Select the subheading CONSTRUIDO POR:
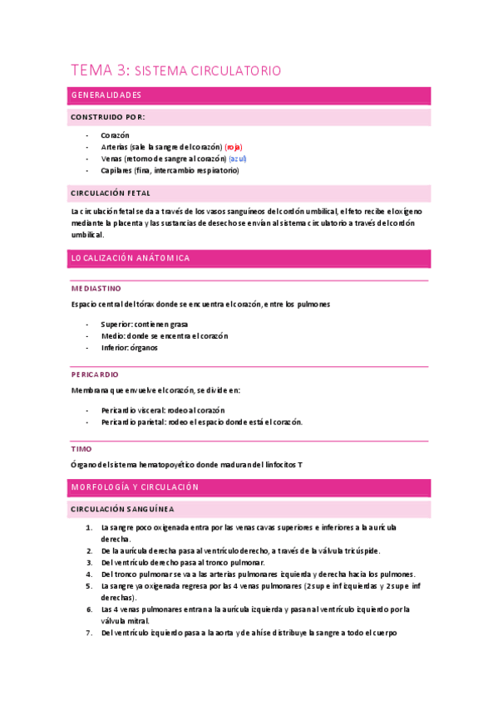coord(109,117)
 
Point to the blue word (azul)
coord(238,158)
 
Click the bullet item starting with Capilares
coord(169,170)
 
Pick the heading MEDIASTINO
coord(96,289)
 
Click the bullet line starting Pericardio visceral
coord(163,410)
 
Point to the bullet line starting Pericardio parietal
coord(200,422)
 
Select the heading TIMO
coord(81,448)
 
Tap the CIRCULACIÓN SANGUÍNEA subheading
coord(121,508)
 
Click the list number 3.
coord(89,562)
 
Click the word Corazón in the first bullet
coord(115,134)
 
